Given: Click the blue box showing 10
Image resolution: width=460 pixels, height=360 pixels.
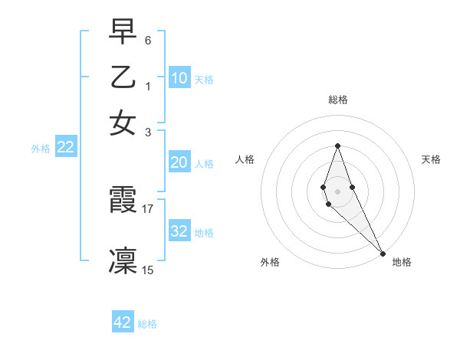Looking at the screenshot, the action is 179,78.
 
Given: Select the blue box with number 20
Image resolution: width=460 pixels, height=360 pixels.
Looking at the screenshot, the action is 179,162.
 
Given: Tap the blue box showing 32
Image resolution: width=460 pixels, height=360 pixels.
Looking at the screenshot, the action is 179,231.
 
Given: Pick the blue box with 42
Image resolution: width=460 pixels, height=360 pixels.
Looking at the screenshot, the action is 123,322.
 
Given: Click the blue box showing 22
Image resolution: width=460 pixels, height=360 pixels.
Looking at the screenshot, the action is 65,148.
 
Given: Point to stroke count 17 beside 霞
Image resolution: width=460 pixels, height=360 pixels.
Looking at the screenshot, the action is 148,208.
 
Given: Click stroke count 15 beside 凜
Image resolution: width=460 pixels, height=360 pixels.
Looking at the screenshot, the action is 148,270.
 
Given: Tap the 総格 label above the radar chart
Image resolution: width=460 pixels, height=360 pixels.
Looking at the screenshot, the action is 337,100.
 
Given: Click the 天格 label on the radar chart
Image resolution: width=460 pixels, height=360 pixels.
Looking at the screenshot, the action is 431,159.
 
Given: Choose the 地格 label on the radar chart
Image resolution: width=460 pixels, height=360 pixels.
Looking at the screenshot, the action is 402,262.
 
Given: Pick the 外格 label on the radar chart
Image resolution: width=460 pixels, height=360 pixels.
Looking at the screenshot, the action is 270,262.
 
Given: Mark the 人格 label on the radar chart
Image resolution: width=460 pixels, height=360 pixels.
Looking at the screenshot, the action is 245,159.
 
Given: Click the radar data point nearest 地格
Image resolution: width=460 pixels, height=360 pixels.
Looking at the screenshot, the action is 382,252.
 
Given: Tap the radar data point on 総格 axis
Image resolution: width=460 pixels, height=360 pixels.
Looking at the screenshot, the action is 337,146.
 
